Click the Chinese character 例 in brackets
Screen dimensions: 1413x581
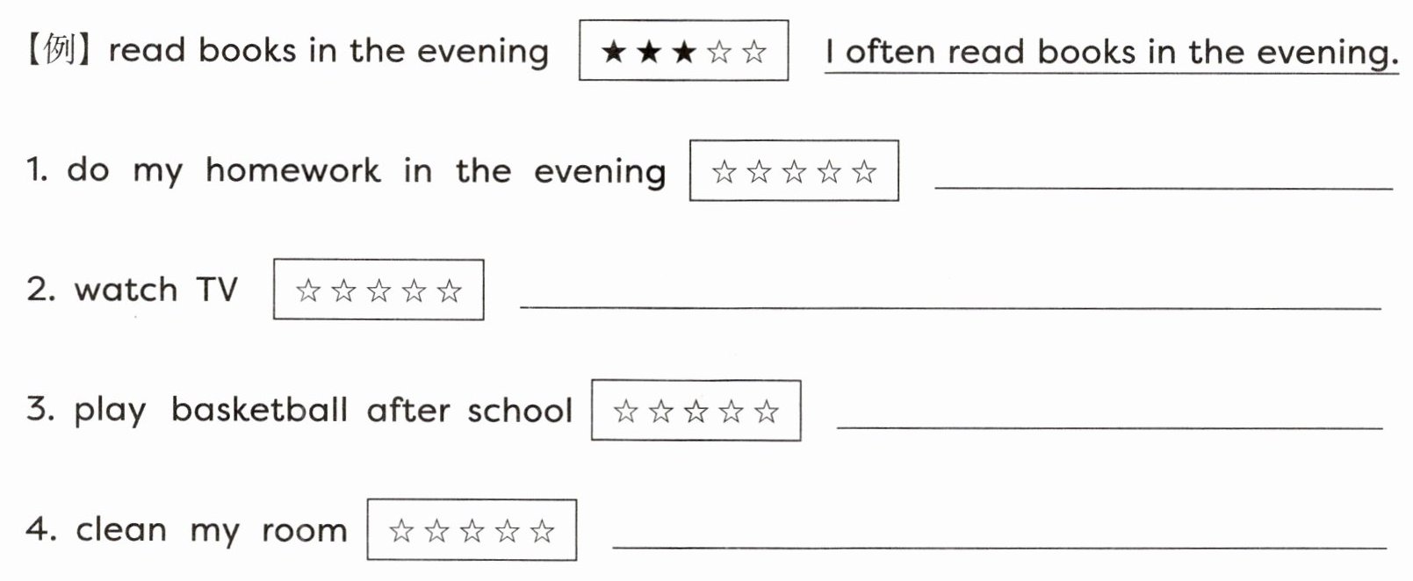(58, 51)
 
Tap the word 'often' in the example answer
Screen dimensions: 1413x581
(889, 52)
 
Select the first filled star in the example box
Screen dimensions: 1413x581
(613, 52)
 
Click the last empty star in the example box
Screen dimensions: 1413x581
(753, 52)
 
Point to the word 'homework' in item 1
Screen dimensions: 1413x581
(292, 170)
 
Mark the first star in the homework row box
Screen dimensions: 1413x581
(724, 171)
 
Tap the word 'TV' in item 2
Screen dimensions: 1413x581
(216, 290)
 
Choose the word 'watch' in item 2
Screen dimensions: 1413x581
(126, 290)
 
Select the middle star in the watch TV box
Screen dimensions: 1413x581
(378, 290)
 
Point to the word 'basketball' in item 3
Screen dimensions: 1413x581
(259, 410)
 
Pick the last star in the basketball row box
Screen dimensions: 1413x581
(766, 411)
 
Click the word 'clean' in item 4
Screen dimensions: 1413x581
(120, 530)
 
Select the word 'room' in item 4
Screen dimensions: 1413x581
(304, 530)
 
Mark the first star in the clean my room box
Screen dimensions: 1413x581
(401, 531)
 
